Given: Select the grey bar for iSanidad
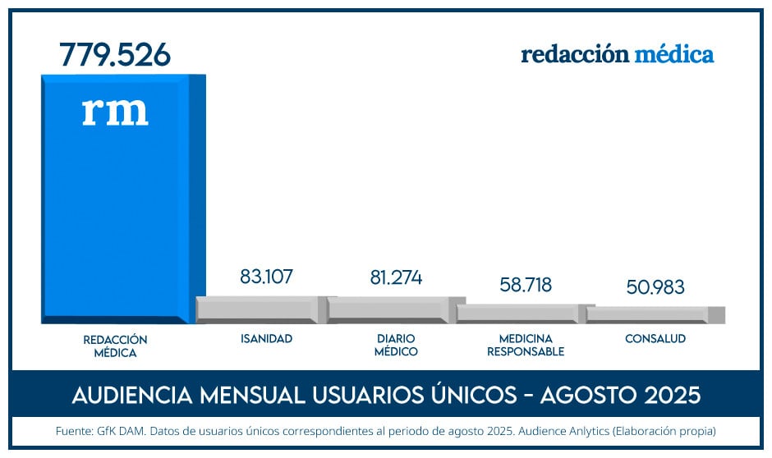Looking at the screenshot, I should point(256,309).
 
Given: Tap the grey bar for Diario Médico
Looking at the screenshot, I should point(388,310).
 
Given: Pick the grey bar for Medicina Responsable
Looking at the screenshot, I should point(517,314).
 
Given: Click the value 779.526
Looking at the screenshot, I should point(115,54).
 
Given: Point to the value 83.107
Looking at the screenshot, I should point(266,277).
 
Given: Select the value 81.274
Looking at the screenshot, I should point(396,277).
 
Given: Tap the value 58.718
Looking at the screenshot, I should point(526,285).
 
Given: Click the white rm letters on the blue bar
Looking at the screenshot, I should point(115,111).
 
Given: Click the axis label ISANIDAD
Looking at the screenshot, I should point(266,339).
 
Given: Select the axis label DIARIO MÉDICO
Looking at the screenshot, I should point(396,346).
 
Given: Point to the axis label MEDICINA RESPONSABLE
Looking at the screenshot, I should point(526,346).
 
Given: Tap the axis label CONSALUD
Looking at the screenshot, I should point(655,339).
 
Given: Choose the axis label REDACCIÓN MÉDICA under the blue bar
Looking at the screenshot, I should point(115,346).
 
